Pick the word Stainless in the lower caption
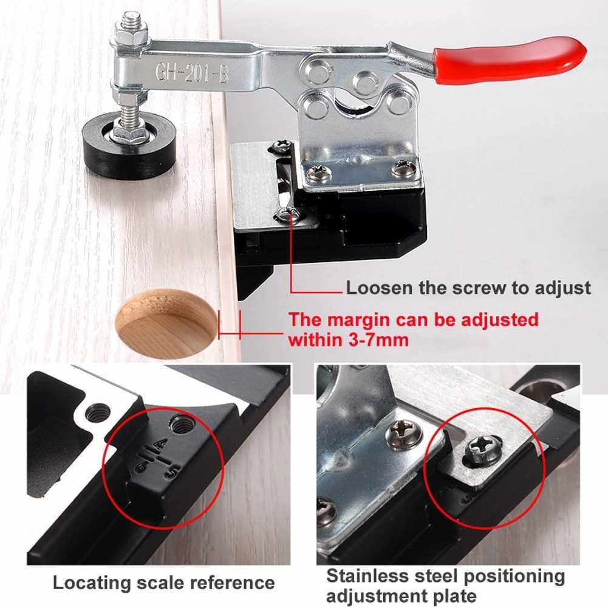click(367, 576)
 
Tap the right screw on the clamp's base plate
click(400, 169)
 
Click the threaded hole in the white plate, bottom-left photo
click(98, 411)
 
